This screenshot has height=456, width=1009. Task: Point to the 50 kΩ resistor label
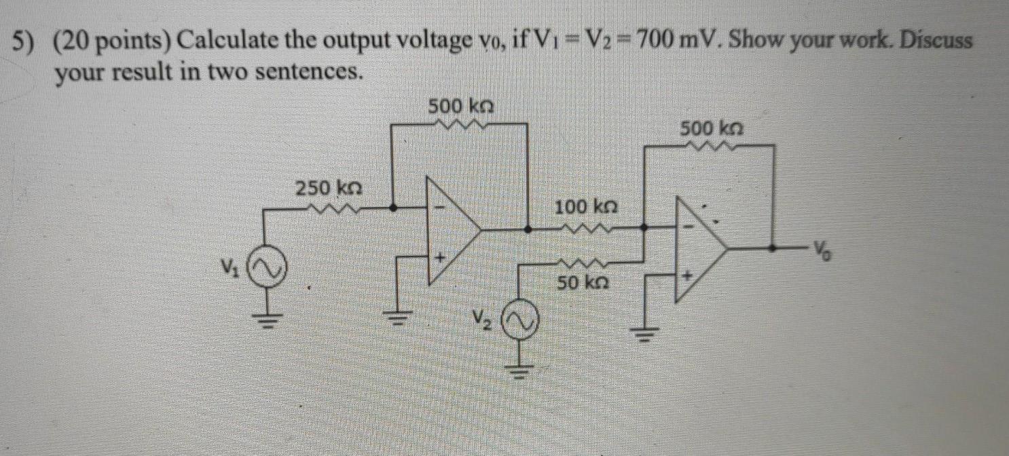pyautogui.click(x=582, y=283)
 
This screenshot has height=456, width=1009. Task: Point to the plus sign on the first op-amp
pyautogui.click(x=439, y=259)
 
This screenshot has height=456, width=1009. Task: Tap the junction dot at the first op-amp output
pyautogui.click(x=528, y=230)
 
